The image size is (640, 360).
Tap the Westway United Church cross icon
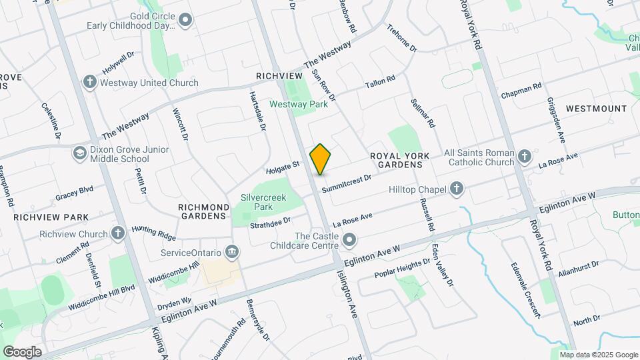click(89, 83)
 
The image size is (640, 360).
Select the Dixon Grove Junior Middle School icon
click(80, 153)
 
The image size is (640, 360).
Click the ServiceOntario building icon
click(232, 252)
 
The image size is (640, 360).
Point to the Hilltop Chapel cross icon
click(457, 190)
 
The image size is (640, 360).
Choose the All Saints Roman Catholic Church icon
click(524, 157)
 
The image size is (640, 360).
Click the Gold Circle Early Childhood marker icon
click(185, 21)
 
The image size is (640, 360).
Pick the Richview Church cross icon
click(118, 234)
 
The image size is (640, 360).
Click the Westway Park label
click(298, 104)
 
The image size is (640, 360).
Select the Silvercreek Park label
click(257, 202)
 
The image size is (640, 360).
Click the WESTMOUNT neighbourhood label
click(596, 108)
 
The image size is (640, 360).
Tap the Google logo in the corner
click(23, 351)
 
